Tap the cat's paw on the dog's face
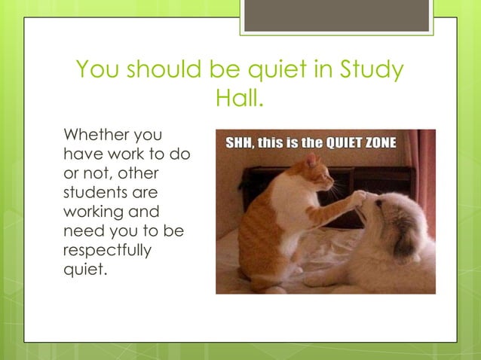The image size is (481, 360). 360,197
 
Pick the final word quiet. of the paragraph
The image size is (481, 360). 84,269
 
